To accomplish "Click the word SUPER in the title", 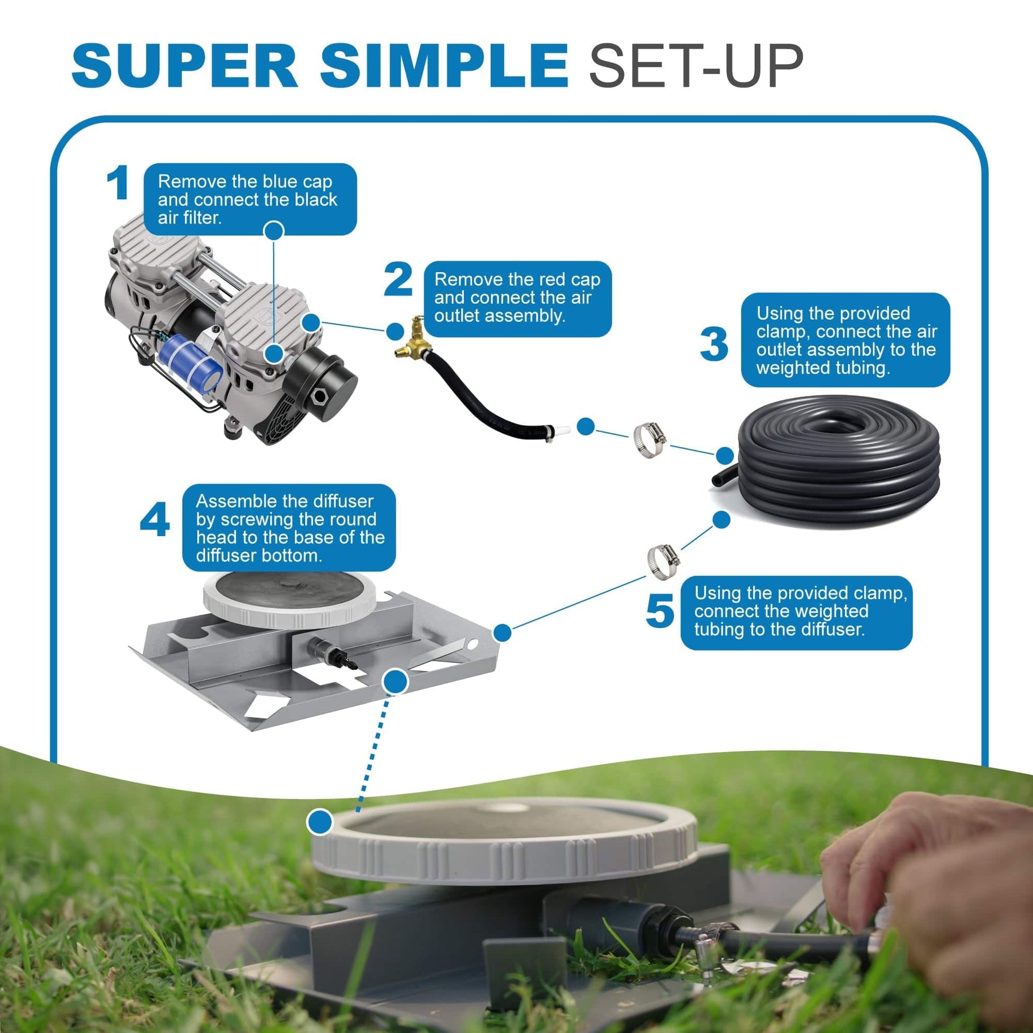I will (x=185, y=66).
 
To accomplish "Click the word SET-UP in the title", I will (x=695, y=66).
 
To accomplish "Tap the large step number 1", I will (x=117, y=183).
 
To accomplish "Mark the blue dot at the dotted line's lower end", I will (x=320, y=821).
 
